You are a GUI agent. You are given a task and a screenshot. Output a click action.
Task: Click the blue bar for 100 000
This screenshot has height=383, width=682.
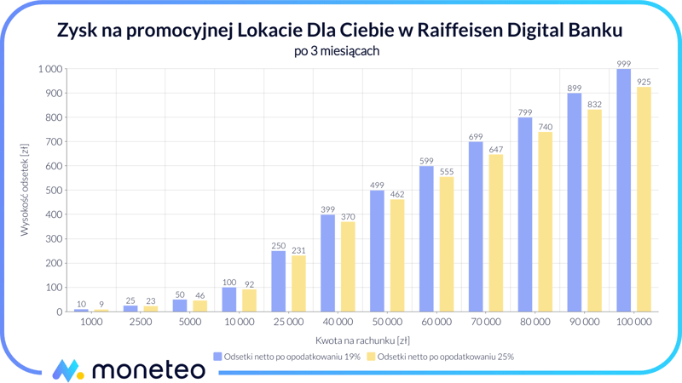point(624,191)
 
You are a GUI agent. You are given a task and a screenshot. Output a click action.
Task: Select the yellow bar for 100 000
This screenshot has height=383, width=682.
point(644,199)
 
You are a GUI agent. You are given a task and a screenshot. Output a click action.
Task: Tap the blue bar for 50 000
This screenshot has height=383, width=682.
point(377,251)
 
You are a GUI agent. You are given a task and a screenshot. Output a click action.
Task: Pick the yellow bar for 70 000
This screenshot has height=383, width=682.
point(495,233)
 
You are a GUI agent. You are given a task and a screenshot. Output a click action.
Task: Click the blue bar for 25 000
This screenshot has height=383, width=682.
point(279,282)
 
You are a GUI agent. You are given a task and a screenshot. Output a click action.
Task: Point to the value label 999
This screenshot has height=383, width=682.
point(624,64)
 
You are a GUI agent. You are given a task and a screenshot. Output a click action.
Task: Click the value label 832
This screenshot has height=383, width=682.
point(594,105)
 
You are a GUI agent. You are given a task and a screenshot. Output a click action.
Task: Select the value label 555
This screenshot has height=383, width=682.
point(446,172)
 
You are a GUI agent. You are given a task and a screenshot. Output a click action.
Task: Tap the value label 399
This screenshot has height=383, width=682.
point(328,209)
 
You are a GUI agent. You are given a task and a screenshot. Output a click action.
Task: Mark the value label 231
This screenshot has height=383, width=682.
point(298,250)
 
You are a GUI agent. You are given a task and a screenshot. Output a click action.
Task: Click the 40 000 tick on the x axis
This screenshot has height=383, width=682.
point(338,323)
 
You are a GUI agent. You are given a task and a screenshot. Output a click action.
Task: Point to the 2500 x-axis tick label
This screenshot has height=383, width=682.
point(140,323)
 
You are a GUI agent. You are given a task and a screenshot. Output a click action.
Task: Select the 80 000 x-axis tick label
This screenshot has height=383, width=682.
point(535,323)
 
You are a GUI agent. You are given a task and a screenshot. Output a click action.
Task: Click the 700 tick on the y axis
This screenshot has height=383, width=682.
point(51,141)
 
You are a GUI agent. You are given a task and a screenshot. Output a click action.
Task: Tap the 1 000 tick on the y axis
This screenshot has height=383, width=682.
point(49,69)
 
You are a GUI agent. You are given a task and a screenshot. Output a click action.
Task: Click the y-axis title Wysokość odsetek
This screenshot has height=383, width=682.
point(25,190)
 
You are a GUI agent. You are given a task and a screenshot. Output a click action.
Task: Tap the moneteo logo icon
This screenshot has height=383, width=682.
point(67,370)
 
